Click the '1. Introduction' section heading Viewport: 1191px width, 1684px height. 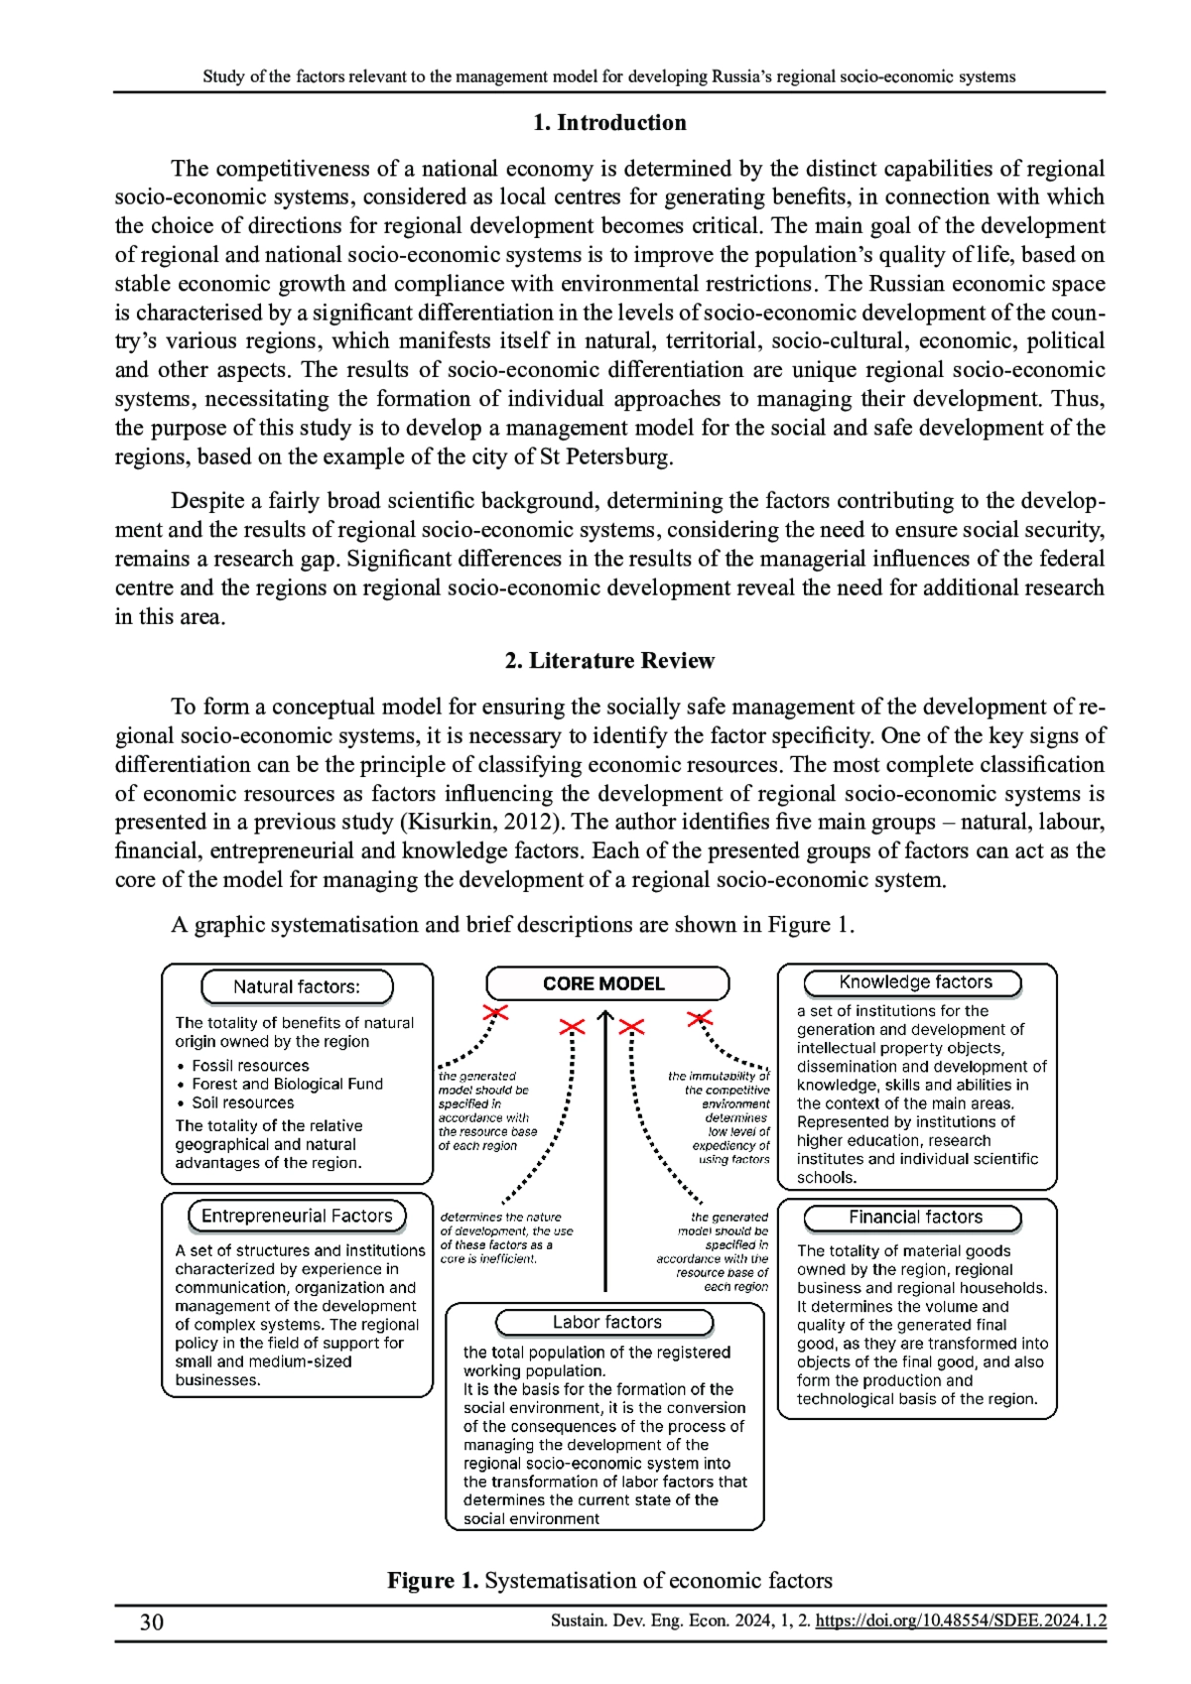click(608, 123)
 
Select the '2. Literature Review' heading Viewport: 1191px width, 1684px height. click(608, 661)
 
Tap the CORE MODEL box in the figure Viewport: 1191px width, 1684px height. click(606, 983)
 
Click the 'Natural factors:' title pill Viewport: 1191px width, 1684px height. click(297, 986)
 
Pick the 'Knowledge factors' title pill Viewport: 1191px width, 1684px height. click(913, 982)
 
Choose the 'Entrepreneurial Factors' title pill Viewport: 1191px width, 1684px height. click(297, 1216)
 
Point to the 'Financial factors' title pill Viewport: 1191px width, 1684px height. click(913, 1217)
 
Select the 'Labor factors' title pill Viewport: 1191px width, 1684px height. click(605, 1322)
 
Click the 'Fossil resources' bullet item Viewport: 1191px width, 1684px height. click(250, 1066)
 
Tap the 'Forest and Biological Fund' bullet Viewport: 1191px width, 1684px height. click(287, 1084)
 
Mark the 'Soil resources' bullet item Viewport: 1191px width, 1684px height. click(243, 1102)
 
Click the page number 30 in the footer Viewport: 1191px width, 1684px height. click(152, 1621)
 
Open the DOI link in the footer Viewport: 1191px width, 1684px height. click(960, 1620)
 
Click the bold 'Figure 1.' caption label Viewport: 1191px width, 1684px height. click(433, 1580)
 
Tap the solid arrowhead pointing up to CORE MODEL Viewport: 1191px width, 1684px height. click(605, 1017)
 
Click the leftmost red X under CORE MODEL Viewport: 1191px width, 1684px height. click(495, 1013)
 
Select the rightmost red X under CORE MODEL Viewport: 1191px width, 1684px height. click(701, 1018)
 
